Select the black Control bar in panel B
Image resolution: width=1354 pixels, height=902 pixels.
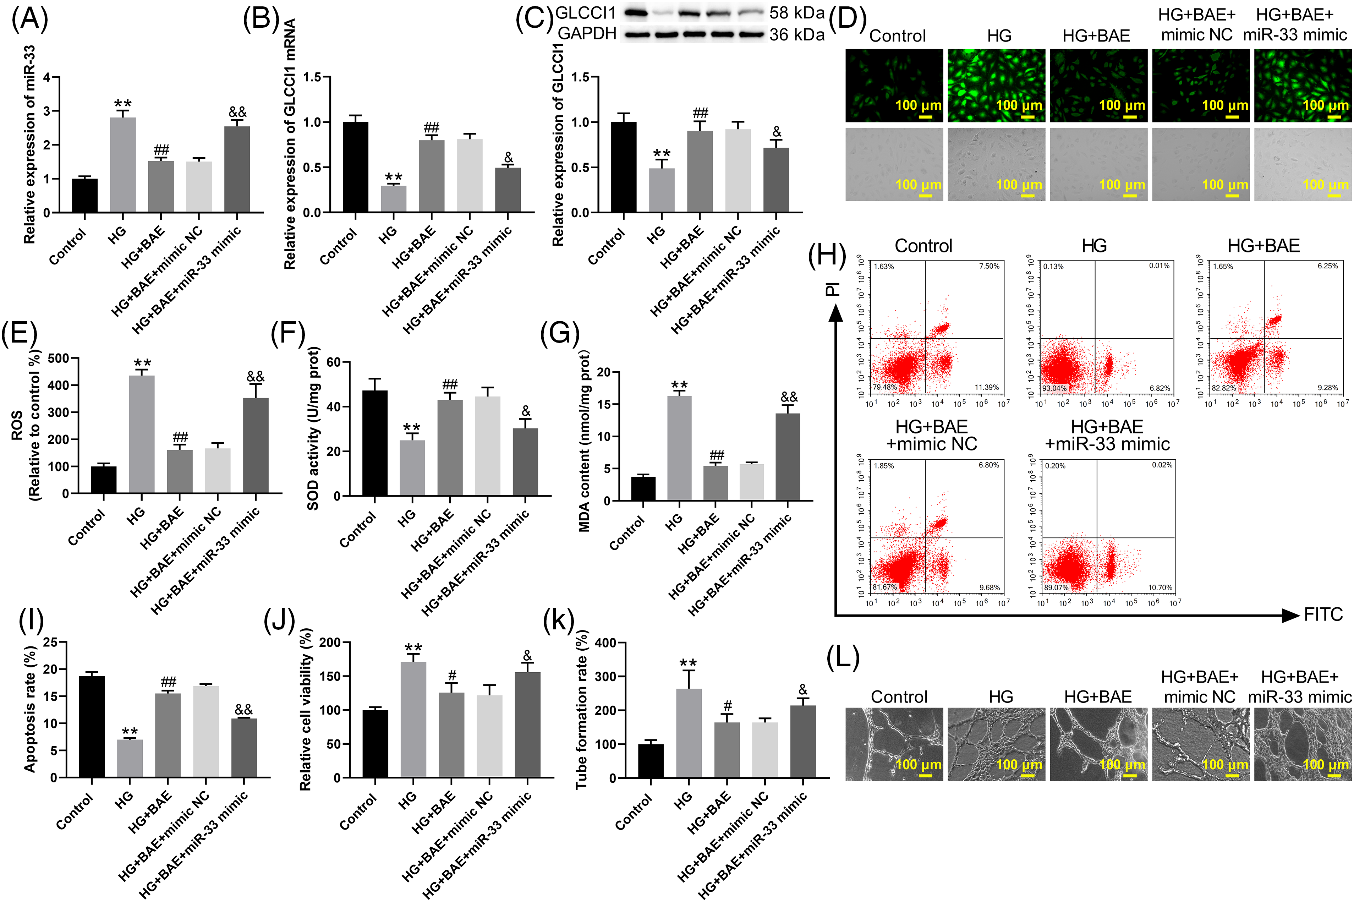tap(356, 167)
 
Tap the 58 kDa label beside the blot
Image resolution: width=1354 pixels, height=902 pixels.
tap(797, 13)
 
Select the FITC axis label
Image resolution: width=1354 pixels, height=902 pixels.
tap(1322, 615)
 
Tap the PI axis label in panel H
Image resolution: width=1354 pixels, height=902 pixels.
tap(832, 289)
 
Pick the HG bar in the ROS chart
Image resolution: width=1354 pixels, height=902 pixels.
tap(142, 434)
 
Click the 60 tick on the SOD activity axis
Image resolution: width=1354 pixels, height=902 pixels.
tap(334, 362)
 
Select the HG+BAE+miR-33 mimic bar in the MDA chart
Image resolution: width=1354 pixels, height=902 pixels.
tap(788, 457)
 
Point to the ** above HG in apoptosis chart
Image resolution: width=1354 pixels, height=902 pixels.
tap(130, 732)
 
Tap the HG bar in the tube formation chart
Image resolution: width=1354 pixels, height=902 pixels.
tap(689, 733)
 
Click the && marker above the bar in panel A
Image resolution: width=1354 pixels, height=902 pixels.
tap(237, 111)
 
